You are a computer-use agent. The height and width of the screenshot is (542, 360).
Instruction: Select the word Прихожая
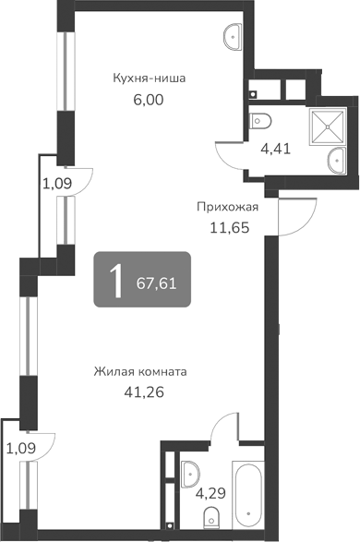point(227,207)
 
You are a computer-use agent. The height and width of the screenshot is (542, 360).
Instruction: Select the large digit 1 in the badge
point(115,280)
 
